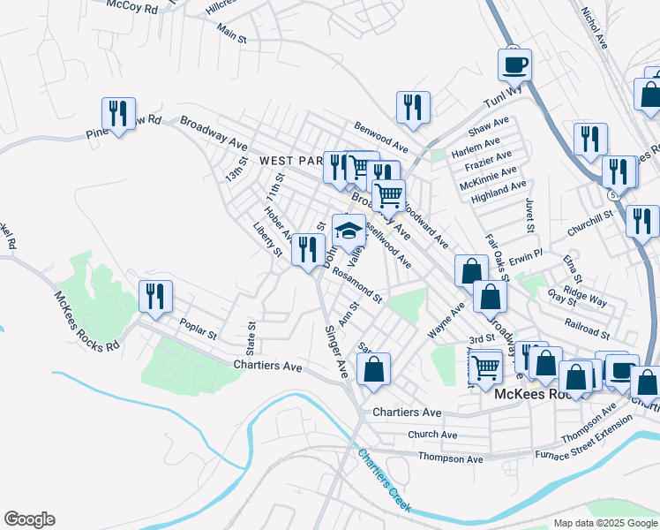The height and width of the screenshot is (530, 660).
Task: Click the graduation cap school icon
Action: point(349,230)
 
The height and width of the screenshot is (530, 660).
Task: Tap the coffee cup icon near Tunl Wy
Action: point(514,64)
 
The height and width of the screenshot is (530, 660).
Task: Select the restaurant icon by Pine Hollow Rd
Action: point(116,113)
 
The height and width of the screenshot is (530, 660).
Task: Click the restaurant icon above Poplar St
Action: point(155,296)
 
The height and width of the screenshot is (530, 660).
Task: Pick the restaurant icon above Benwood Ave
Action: point(412,107)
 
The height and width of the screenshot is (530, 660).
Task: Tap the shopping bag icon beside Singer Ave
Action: point(373,368)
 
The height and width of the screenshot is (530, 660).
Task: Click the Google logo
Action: point(29,519)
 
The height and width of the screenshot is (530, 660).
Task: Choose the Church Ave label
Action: point(432,435)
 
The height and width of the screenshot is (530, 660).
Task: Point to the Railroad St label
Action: point(588,329)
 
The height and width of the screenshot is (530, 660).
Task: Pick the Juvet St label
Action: point(530,216)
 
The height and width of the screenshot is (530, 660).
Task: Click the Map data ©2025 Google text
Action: point(604,523)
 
